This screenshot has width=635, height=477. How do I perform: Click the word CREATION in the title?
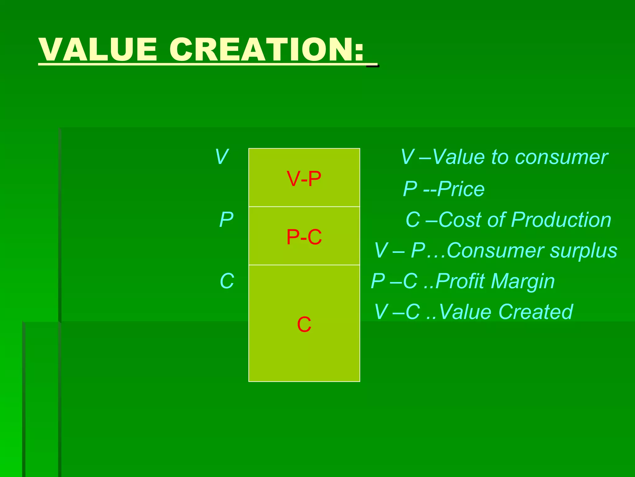coord(260,50)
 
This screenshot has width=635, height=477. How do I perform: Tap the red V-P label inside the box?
coord(304,179)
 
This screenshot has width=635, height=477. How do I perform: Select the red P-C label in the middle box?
coord(304,237)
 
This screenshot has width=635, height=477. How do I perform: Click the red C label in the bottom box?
coord(304,325)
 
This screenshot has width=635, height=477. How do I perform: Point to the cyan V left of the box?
coord(222,157)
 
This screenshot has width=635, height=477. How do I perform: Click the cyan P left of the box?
coord(226,220)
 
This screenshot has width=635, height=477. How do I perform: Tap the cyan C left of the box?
coord(227,281)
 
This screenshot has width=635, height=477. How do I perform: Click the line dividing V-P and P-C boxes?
coord(304,207)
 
